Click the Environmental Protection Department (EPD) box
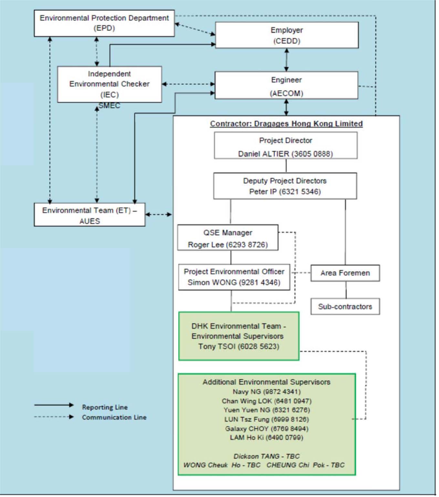[104, 23]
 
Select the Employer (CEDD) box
[287, 35]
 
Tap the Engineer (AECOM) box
[287, 85]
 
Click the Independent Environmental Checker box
[110, 84]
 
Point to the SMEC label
[110, 106]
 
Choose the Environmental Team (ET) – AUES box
[89, 215]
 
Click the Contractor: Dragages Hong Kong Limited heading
[286, 124]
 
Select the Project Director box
[286, 145]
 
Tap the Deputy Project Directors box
[285, 186]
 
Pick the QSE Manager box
[228, 237]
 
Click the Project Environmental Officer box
[234, 277]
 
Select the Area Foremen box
[345, 273]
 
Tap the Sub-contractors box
[345, 306]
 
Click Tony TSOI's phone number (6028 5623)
[259, 347]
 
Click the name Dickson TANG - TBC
[267, 456]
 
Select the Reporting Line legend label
[105, 407]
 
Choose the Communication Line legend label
[114, 417]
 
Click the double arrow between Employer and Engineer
[287, 60]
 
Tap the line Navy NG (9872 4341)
[267, 392]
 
